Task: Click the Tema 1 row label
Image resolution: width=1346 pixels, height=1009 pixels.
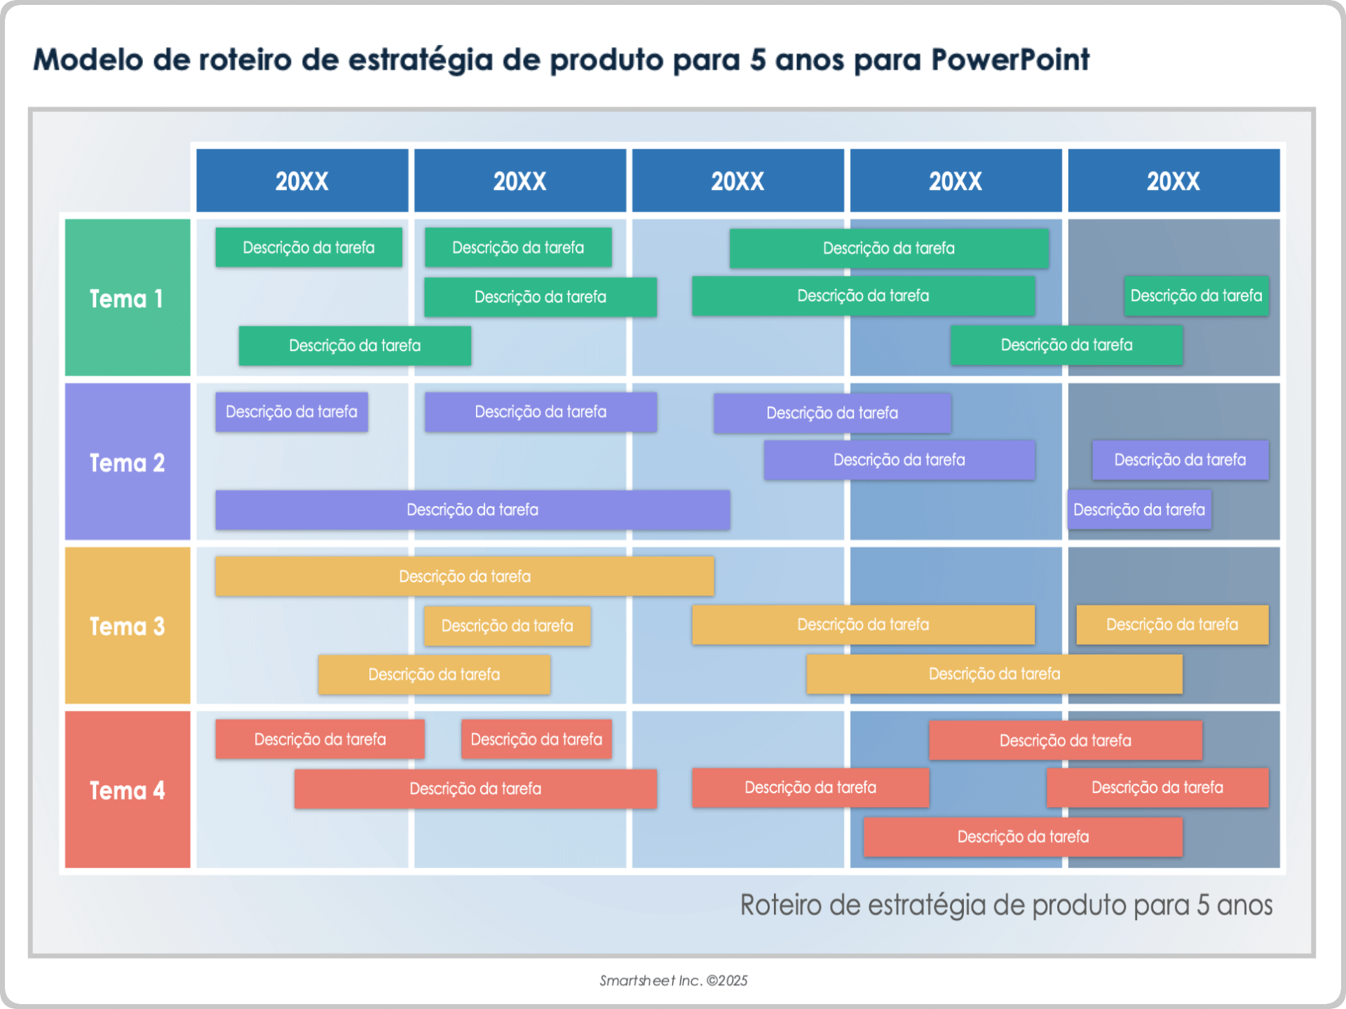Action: pos(127,298)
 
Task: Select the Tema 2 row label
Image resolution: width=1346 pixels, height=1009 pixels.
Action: pos(127,462)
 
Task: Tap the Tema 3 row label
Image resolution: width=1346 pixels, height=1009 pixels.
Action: pos(127,626)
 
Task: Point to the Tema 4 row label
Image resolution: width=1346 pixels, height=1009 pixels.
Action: pos(127,790)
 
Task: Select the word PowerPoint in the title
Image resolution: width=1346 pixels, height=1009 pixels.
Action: pos(1010,60)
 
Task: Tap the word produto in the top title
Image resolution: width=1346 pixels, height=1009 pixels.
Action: pos(606,60)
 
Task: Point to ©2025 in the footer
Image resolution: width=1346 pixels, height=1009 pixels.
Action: pos(727,980)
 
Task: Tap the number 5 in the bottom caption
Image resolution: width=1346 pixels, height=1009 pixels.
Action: pos(1203,905)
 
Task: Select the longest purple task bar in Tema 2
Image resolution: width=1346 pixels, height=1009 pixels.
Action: pos(473,509)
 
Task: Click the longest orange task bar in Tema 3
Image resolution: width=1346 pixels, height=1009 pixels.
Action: pos(464,576)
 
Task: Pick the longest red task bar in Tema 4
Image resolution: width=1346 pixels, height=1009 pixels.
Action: pos(475,788)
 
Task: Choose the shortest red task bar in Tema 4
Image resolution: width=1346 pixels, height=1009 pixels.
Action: pos(536,739)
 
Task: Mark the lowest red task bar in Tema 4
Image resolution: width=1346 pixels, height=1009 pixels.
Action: pos(1023,837)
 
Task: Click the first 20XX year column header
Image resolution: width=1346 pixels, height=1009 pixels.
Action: pos(301,181)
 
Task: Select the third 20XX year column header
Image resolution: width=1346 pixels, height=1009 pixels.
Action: pos(737,181)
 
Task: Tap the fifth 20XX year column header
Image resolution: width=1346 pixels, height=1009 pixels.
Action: pos(1174,181)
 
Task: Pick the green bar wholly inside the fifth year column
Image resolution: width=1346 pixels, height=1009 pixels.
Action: pos(1196,296)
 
